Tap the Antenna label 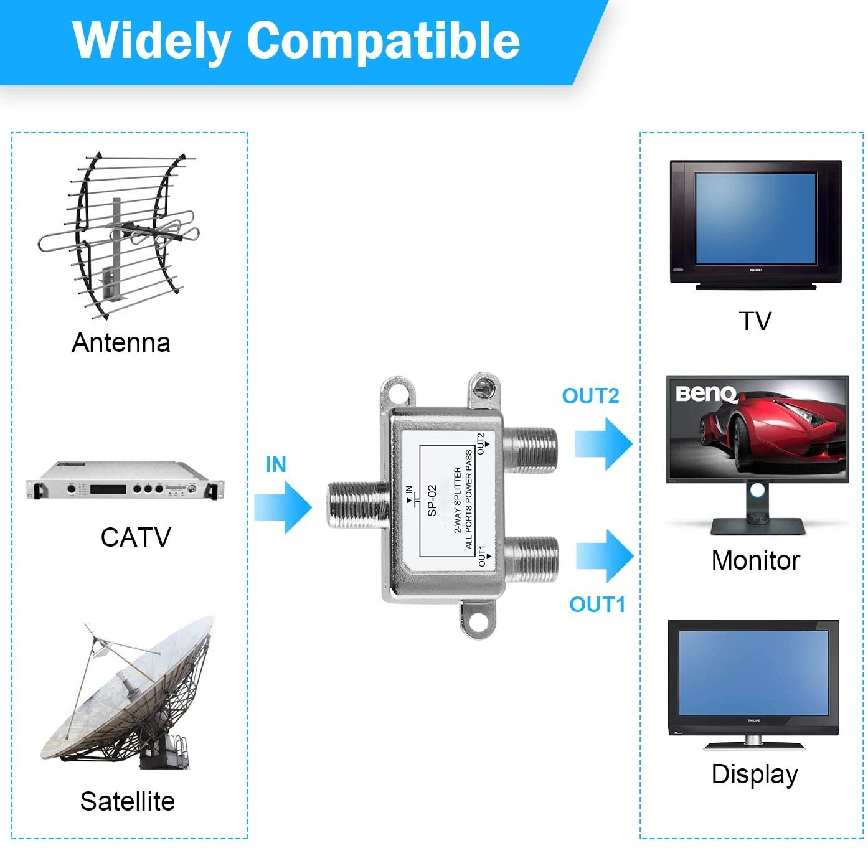tap(121, 342)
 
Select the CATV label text tap(136, 537)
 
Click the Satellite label tap(127, 801)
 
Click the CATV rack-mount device tap(125, 481)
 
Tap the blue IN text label tap(276, 464)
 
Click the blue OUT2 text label tap(590, 396)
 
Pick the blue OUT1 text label tap(597, 604)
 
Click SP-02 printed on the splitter tap(432, 501)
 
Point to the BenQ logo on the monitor tap(706, 394)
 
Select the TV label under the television tap(755, 321)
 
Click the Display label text tap(755, 774)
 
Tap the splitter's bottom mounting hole tap(479, 620)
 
